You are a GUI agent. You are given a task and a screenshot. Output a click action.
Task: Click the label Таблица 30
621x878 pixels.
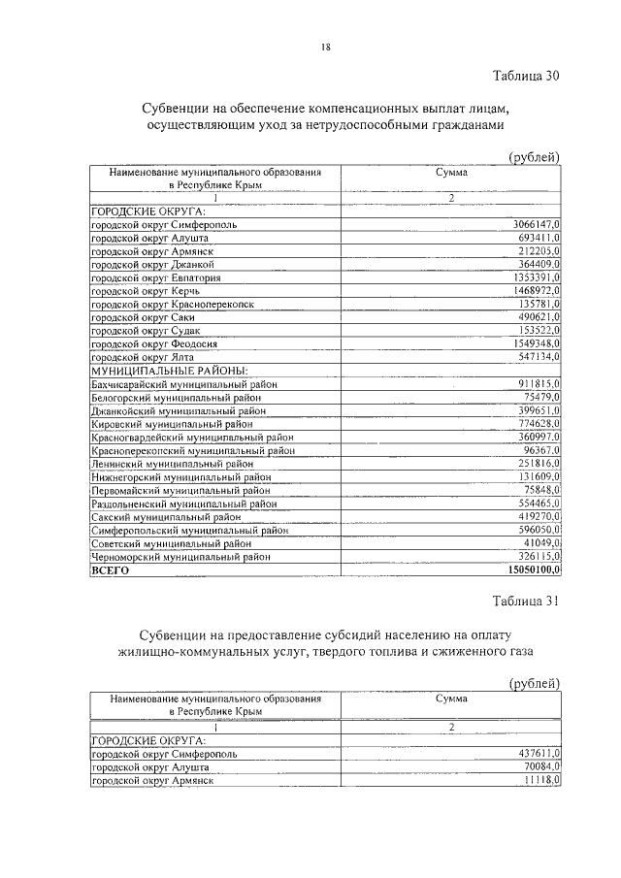pos(526,75)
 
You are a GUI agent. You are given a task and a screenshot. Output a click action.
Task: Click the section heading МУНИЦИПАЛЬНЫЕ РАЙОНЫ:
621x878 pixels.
pos(170,371)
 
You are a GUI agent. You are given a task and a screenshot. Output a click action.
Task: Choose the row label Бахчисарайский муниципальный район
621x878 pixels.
pos(184,384)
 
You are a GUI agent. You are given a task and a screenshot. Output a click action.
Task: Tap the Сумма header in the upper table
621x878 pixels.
pos(451,172)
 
